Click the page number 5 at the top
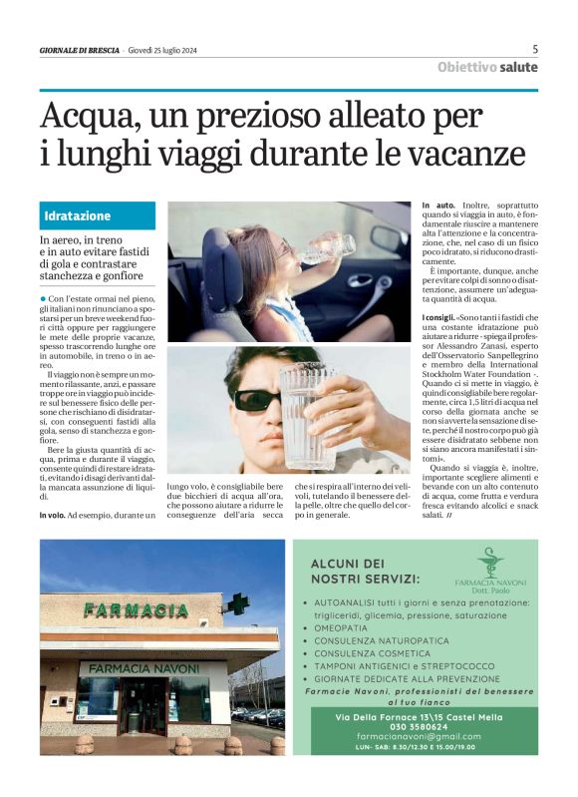(535, 49)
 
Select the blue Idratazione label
(77, 216)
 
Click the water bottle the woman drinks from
(328, 246)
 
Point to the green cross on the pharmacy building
(236, 603)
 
